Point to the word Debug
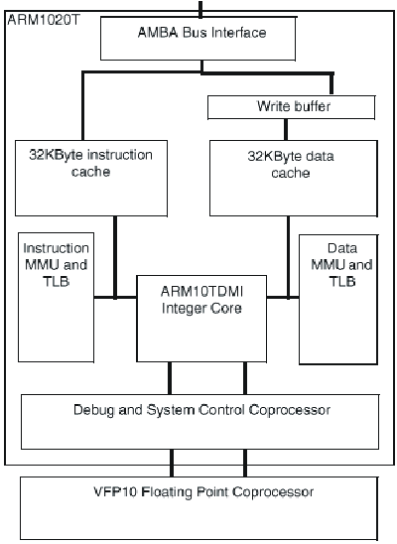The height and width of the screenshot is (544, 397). tap(92, 409)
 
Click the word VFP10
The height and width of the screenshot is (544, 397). tap(109, 492)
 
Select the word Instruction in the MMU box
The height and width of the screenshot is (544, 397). tap(57, 248)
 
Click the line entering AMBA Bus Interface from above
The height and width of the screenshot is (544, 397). tap(201, 9)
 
